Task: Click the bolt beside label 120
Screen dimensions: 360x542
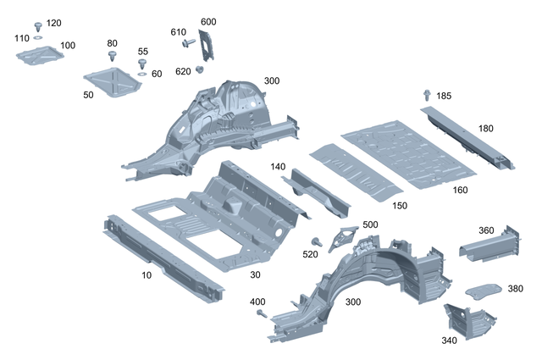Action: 38,25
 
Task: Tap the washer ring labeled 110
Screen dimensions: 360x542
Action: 38,38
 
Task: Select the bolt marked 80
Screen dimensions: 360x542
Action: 113,56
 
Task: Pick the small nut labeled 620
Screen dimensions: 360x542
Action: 199,69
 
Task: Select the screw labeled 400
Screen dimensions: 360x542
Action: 262,313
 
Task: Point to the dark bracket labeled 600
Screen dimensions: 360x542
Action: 208,45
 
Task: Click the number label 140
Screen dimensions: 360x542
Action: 279,167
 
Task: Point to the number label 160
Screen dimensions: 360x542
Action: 460,190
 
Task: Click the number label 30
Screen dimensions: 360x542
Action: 256,274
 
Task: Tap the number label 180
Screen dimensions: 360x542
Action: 485,128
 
